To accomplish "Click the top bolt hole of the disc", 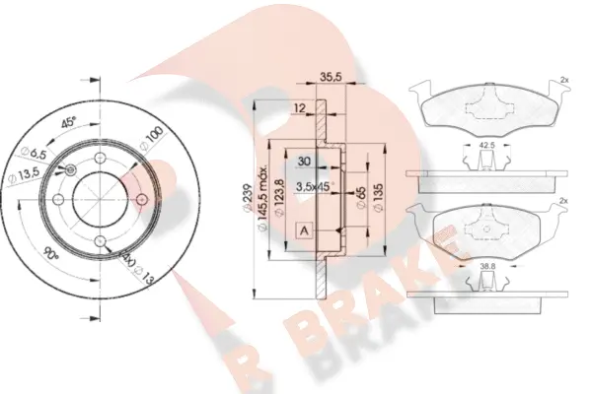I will [x=99, y=156].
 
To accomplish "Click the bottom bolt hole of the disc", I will [x=99, y=239].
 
